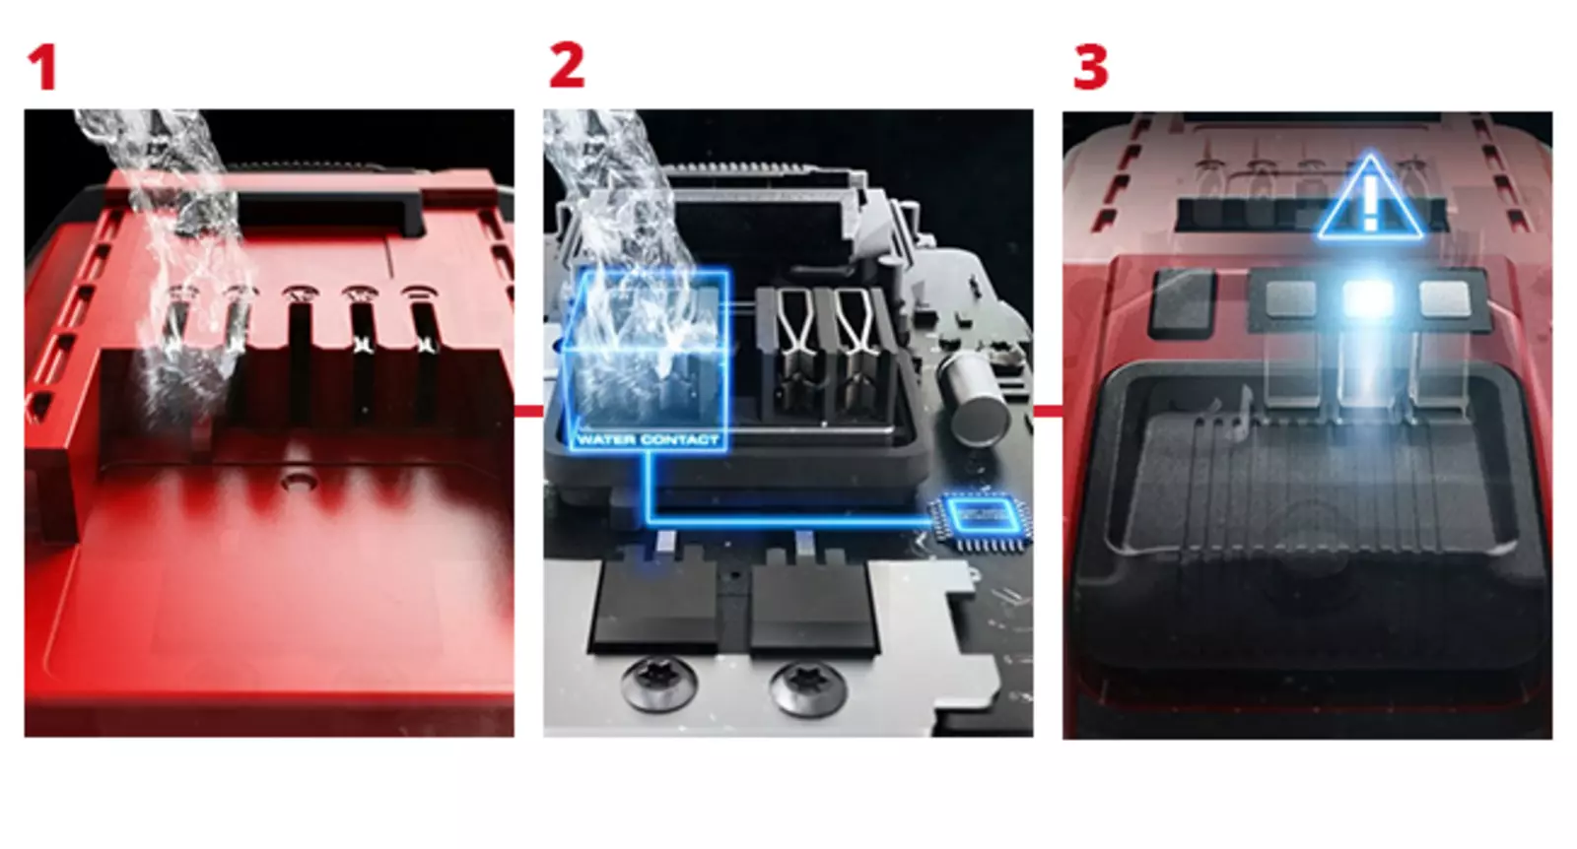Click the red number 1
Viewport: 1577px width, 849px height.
click(41, 68)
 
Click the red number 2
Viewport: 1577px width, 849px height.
click(567, 66)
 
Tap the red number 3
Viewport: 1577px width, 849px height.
click(1090, 68)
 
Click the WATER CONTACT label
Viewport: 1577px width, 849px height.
click(648, 439)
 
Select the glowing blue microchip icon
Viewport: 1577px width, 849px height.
click(980, 515)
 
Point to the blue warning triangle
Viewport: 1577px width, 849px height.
click(1370, 202)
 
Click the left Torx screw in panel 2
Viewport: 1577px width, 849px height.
click(659, 682)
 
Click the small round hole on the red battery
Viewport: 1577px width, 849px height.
click(294, 483)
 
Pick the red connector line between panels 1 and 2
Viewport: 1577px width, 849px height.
click(528, 411)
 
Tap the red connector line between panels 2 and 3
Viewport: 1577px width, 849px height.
click(1048, 411)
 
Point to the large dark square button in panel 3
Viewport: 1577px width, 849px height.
click(1182, 299)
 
